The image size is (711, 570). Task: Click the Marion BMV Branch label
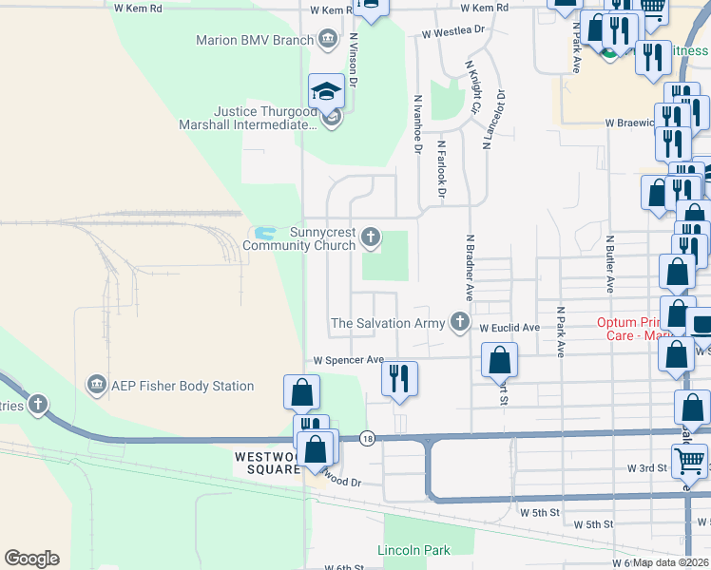(x=255, y=40)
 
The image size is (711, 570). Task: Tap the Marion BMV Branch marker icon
(x=328, y=39)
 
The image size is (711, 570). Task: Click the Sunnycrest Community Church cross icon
(x=371, y=237)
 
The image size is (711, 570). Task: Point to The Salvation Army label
(x=387, y=323)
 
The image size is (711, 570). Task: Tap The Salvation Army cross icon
(x=460, y=322)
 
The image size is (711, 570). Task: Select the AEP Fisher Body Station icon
(x=96, y=385)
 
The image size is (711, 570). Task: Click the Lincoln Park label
(x=413, y=550)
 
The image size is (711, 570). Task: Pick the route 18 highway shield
(x=367, y=438)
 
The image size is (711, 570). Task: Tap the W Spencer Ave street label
(x=349, y=361)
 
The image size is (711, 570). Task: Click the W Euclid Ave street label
(x=509, y=328)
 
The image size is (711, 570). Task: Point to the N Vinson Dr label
(x=353, y=62)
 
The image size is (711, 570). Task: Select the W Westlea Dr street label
(x=453, y=30)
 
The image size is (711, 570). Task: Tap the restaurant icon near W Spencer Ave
(x=400, y=377)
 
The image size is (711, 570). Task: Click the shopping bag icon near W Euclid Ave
(x=499, y=361)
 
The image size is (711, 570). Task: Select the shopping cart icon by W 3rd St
(x=690, y=462)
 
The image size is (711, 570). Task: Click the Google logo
(x=31, y=559)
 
